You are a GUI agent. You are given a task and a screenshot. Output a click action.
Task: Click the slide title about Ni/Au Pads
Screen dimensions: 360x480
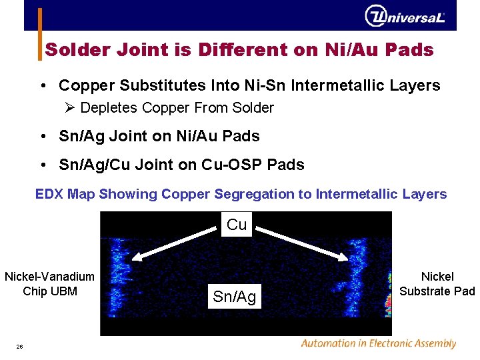click(x=239, y=50)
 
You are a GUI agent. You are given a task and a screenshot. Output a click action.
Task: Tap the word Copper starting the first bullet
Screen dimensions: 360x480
click(x=83, y=85)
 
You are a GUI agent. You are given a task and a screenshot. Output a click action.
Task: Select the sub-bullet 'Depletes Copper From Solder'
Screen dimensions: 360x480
click(x=177, y=107)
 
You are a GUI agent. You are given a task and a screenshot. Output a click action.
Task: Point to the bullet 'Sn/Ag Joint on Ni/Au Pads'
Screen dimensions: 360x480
click(x=159, y=136)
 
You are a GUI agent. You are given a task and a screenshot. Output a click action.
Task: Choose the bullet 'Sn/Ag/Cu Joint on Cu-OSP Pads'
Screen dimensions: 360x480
click(x=181, y=165)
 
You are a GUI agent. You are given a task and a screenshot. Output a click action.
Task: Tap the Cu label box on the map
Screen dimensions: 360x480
click(x=237, y=225)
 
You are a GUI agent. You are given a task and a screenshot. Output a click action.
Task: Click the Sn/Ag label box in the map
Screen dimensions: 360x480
click(x=234, y=297)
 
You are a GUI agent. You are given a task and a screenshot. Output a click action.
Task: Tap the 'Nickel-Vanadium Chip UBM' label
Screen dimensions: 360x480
click(x=50, y=283)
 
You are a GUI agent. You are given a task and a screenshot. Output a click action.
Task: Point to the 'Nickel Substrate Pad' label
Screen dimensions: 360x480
click(x=437, y=283)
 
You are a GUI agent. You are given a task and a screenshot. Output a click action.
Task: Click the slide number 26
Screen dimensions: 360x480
click(x=20, y=346)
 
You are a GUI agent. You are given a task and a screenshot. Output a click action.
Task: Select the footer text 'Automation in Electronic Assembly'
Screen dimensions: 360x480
click(x=378, y=343)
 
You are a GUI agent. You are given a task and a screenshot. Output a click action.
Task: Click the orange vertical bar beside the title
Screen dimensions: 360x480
click(x=39, y=33)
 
